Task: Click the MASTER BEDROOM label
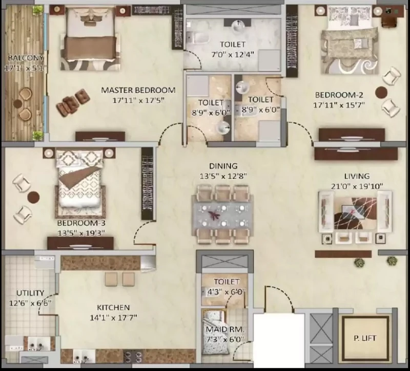click(x=138, y=91)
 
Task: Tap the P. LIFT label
click(x=365, y=338)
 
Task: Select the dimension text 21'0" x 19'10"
click(x=357, y=186)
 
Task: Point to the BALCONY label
click(x=26, y=58)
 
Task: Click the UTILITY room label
click(x=30, y=293)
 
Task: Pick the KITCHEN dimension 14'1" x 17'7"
click(x=113, y=318)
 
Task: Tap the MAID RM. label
click(x=225, y=330)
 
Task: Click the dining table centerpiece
click(x=214, y=215)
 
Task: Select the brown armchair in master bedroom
click(x=73, y=103)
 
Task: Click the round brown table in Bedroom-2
click(x=381, y=93)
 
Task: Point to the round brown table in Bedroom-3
click(x=33, y=197)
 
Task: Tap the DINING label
click(x=223, y=166)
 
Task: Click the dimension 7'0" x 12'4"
click(x=233, y=54)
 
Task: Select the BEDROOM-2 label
click(x=339, y=95)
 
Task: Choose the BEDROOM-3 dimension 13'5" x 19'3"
click(x=81, y=233)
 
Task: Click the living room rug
click(x=356, y=213)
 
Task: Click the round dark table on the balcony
click(x=17, y=103)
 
